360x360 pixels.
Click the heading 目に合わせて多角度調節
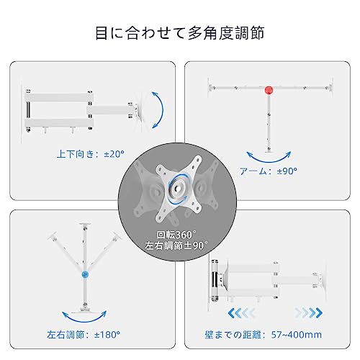[x=179, y=33]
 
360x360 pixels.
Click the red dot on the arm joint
[x=269, y=90]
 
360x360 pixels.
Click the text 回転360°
[x=181, y=235]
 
